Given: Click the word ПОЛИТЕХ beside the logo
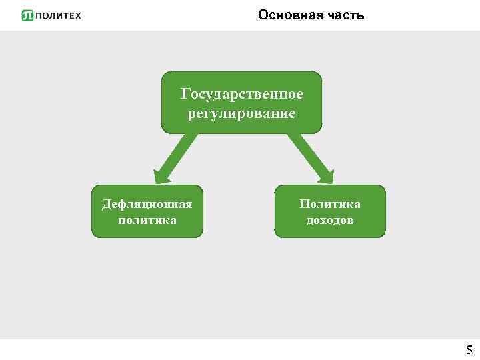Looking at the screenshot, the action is click(58, 15).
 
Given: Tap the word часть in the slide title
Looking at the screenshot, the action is click(343, 15).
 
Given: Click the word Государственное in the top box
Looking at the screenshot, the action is click(241, 93).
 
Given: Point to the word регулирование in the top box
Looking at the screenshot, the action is click(241, 113).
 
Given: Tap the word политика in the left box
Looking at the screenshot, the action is click(147, 219).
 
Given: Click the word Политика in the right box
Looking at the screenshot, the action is click(330, 204).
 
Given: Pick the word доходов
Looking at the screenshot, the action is click(330, 219).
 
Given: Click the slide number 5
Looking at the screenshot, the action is click(469, 350).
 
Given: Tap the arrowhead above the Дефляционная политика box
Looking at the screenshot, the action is click(162, 175).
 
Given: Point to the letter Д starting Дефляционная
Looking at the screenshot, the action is click(106, 204).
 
